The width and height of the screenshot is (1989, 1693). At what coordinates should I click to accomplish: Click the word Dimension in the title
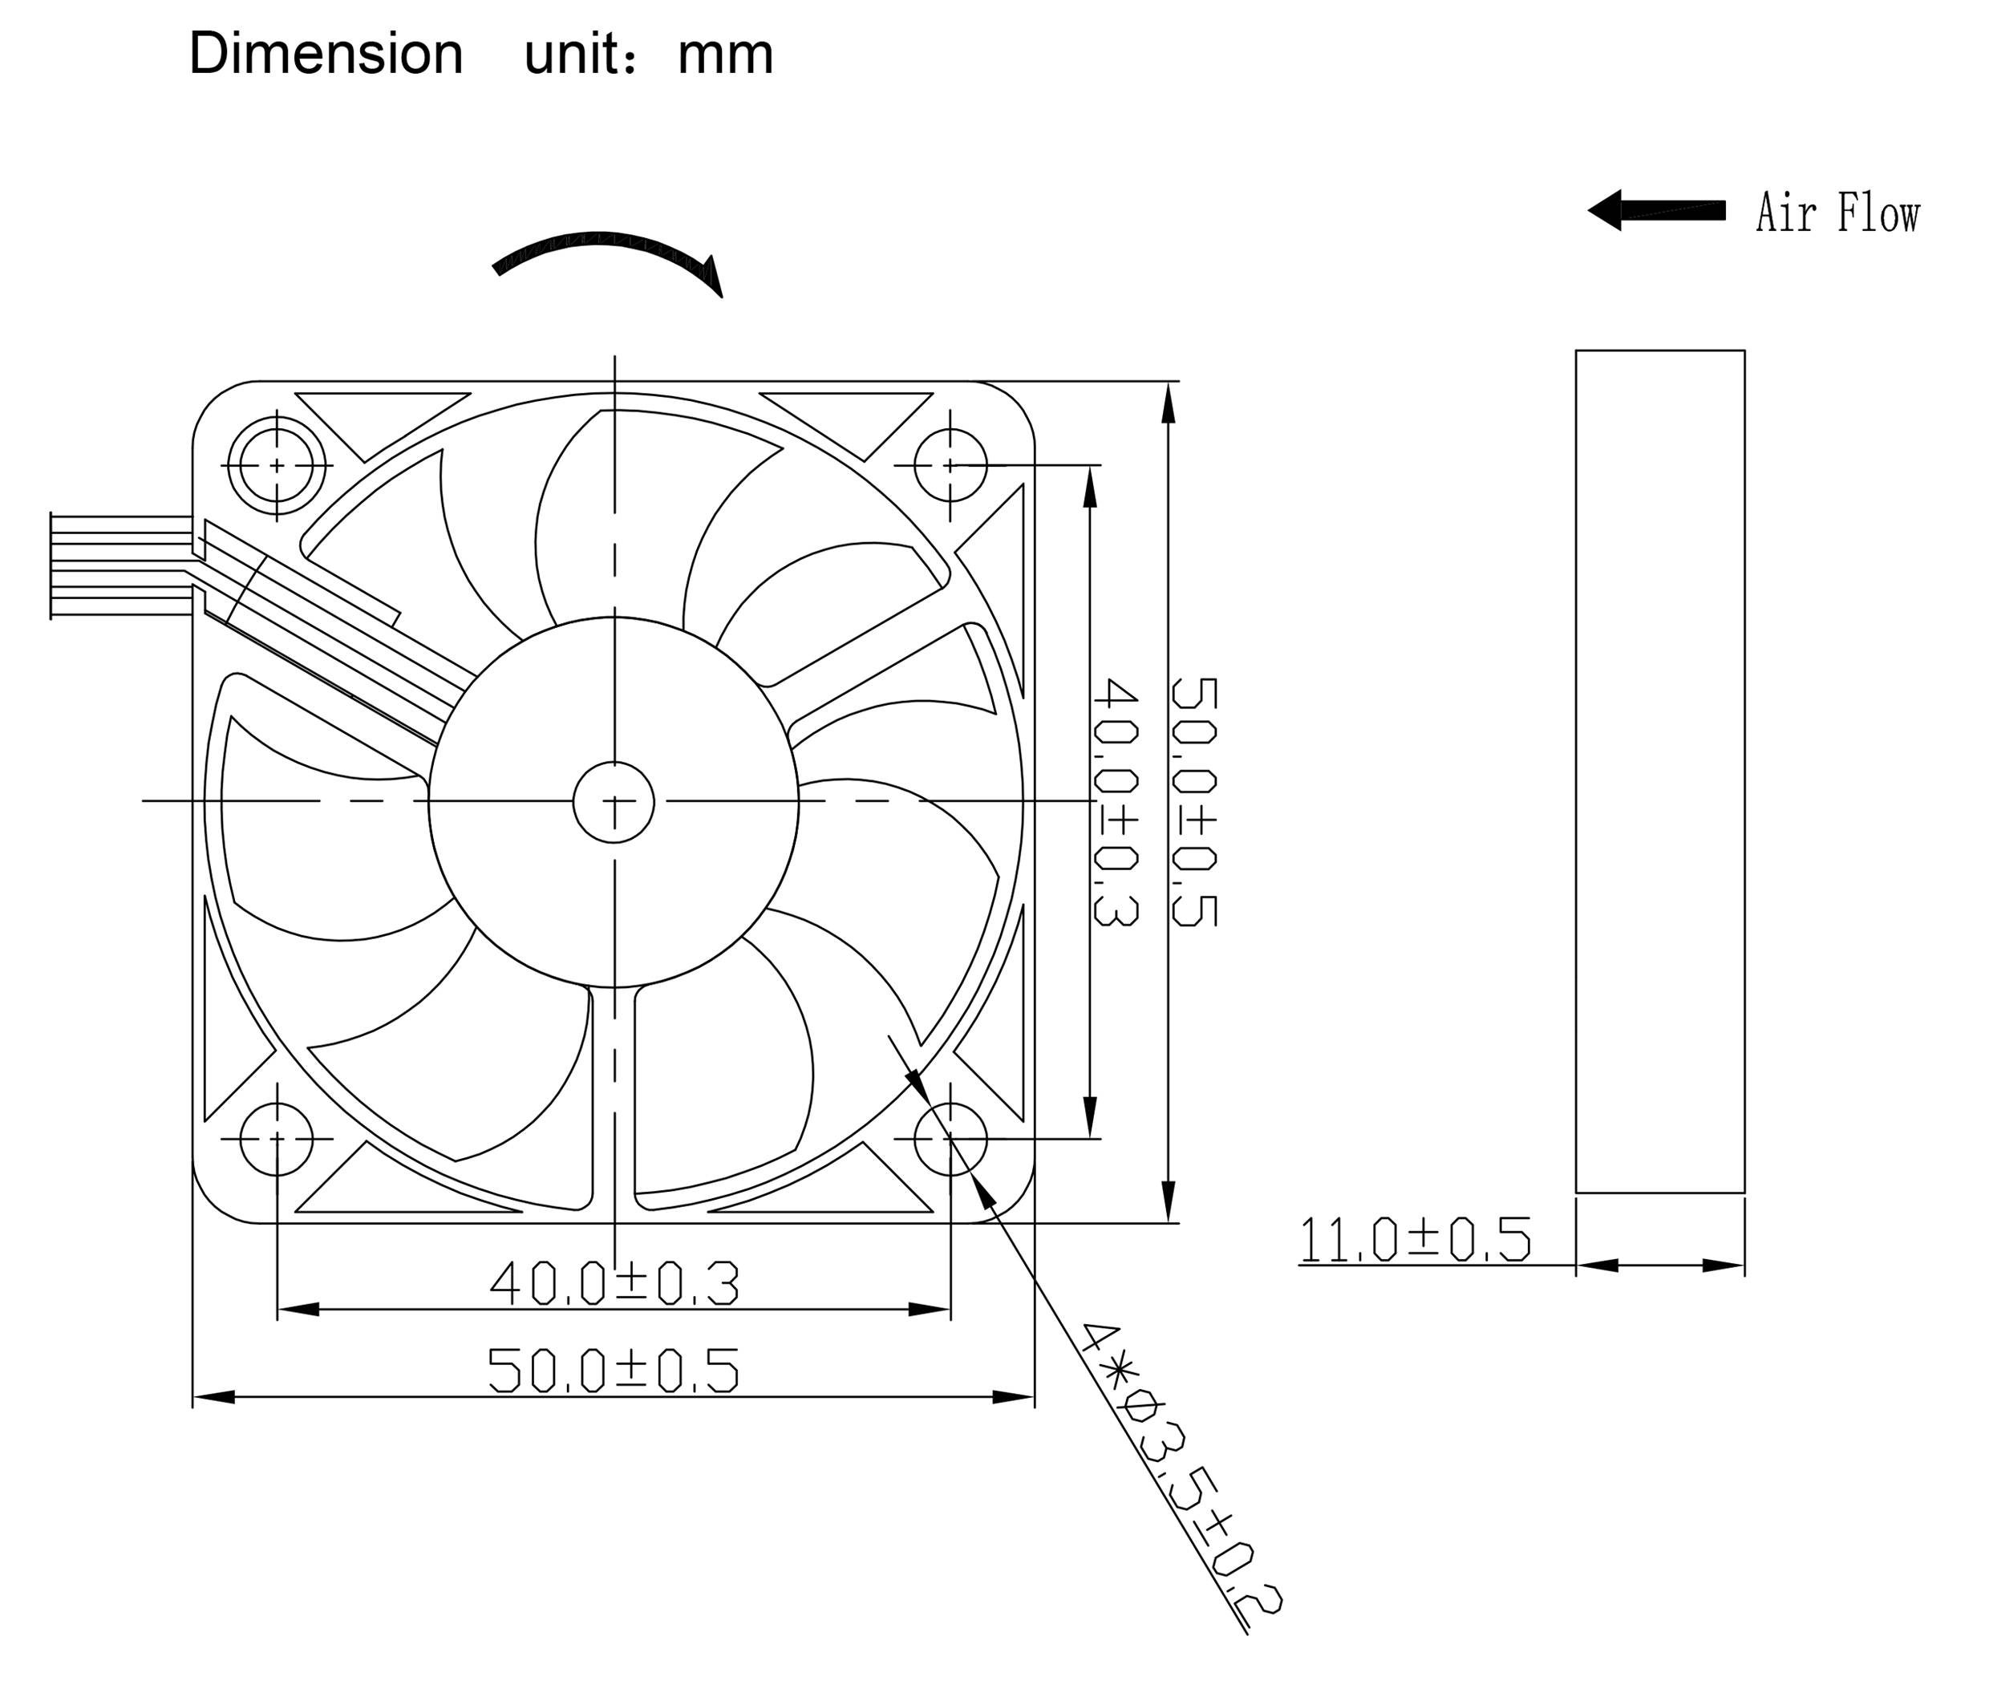(x=326, y=54)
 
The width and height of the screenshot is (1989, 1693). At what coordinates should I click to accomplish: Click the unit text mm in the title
(x=725, y=54)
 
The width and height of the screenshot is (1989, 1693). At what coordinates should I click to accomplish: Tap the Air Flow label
(x=1837, y=213)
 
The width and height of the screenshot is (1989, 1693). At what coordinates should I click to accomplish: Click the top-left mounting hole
(x=277, y=465)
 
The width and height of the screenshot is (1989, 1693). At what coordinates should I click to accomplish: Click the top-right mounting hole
(x=950, y=465)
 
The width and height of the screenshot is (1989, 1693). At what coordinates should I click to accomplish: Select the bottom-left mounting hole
(x=277, y=1139)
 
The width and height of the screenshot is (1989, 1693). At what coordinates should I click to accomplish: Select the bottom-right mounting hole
(x=950, y=1139)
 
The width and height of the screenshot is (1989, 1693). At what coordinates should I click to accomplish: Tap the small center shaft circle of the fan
(x=614, y=802)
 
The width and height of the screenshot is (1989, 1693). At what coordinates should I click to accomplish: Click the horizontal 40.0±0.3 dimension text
(x=614, y=1284)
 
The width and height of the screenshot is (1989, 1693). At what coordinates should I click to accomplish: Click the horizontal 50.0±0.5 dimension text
(x=614, y=1371)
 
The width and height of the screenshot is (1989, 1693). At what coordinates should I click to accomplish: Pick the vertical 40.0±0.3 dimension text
(x=1116, y=801)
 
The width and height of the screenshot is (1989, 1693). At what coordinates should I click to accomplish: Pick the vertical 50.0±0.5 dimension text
(x=1194, y=801)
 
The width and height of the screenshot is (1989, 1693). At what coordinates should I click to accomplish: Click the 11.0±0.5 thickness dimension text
(x=1415, y=1239)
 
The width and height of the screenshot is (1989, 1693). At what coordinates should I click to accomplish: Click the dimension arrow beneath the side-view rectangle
(x=1659, y=1266)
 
